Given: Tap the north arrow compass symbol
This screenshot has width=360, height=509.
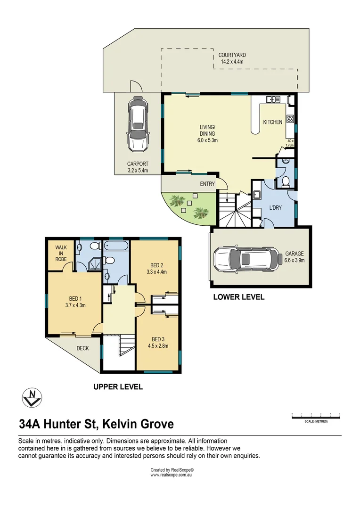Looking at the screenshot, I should [32, 397].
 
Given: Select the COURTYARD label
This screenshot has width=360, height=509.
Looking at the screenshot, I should [232, 55].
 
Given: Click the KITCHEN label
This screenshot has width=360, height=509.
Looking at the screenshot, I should [272, 122].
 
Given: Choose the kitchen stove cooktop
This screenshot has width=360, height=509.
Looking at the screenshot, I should [290, 119].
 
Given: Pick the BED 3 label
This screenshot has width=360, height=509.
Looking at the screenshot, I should [157, 339].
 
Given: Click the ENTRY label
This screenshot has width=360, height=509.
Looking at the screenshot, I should [207, 184].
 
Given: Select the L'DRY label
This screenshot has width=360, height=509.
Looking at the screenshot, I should [275, 208].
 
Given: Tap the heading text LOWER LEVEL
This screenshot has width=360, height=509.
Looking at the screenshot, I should [238, 297].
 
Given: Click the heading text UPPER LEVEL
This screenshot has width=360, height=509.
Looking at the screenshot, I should [118, 387].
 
